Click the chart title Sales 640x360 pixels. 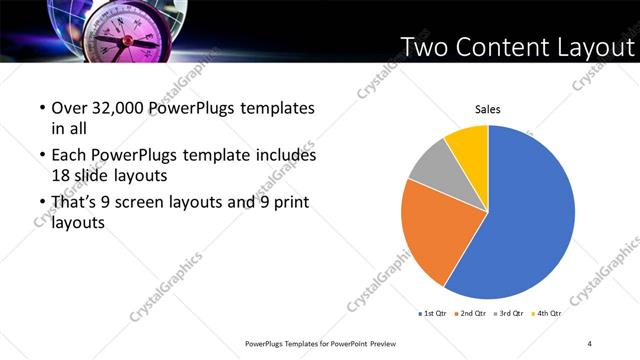(x=487, y=109)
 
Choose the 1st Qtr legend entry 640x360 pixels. (x=434, y=314)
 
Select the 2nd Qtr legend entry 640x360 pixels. (x=472, y=314)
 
